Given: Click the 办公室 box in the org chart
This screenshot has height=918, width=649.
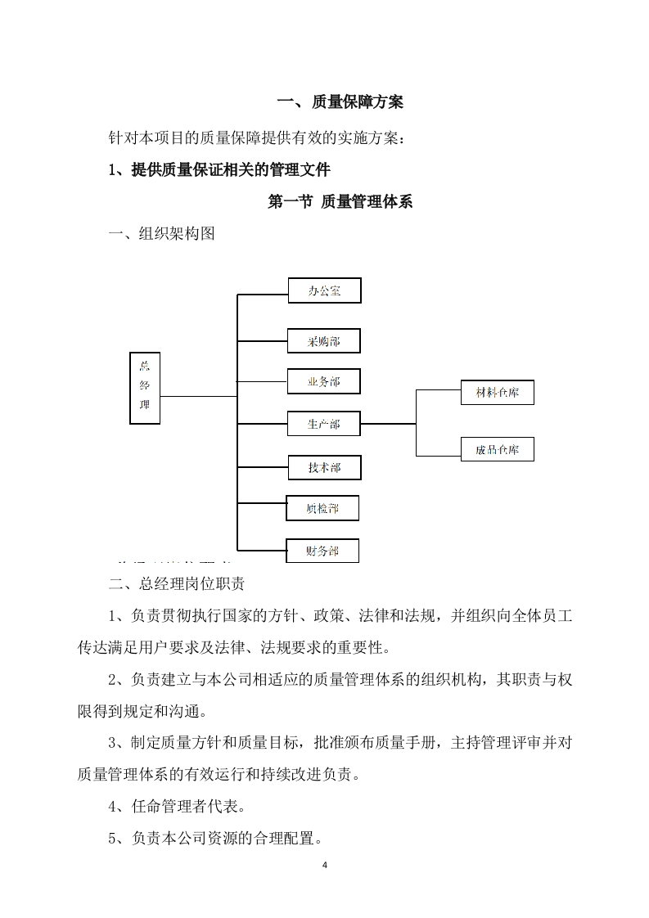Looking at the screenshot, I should coord(324,290).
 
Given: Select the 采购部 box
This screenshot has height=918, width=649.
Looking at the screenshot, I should coord(324,340).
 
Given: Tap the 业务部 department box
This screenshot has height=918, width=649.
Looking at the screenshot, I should coord(324,381).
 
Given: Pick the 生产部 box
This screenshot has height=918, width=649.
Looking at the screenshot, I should coord(324,424).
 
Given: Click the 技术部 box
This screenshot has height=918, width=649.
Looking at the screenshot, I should coord(324,467).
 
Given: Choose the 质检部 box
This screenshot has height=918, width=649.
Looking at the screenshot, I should coord(322,508).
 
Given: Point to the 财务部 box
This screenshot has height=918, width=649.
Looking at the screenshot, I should coord(322,551).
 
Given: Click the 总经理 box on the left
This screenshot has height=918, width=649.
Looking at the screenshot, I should coord(145,388).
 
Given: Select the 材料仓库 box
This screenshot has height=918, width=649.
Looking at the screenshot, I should coord(498,393).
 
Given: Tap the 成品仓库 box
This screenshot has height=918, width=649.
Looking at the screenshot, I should coord(498,449).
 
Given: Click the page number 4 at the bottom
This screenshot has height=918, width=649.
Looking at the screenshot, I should coord(325,865).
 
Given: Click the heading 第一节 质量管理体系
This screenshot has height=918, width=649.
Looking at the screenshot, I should coord(340,202).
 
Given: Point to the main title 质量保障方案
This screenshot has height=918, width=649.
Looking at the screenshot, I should coord(340,102).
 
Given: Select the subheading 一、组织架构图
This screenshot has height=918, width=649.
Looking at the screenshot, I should coord(162,235).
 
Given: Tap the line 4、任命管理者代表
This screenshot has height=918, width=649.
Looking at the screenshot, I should coord(177,806).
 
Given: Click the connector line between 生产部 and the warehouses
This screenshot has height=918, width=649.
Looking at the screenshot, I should coord(389,424).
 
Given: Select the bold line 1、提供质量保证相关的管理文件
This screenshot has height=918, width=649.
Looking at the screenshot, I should coord(219,170).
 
